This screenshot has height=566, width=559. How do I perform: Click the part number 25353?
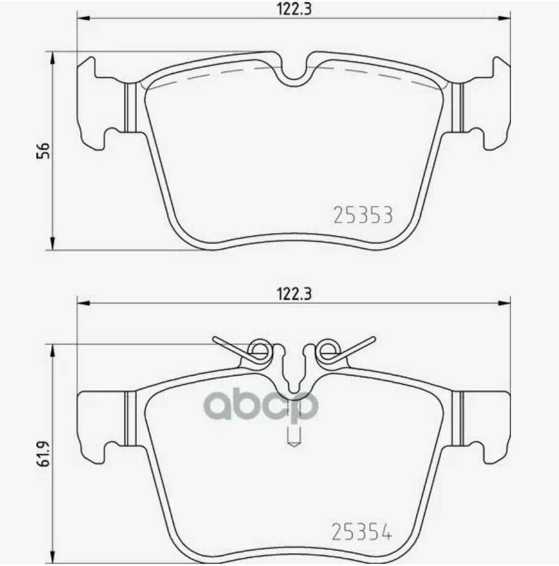point(362,215)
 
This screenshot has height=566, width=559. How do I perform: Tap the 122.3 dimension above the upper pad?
point(294,9)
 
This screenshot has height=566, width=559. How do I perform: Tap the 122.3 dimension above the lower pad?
point(294,294)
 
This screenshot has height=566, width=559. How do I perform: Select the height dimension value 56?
point(43,150)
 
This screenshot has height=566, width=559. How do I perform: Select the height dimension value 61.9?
point(43,453)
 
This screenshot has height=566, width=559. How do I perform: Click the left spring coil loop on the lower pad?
point(259,349)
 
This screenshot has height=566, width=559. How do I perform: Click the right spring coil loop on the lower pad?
point(328,349)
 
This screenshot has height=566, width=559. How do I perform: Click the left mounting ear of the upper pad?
point(101,105)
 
